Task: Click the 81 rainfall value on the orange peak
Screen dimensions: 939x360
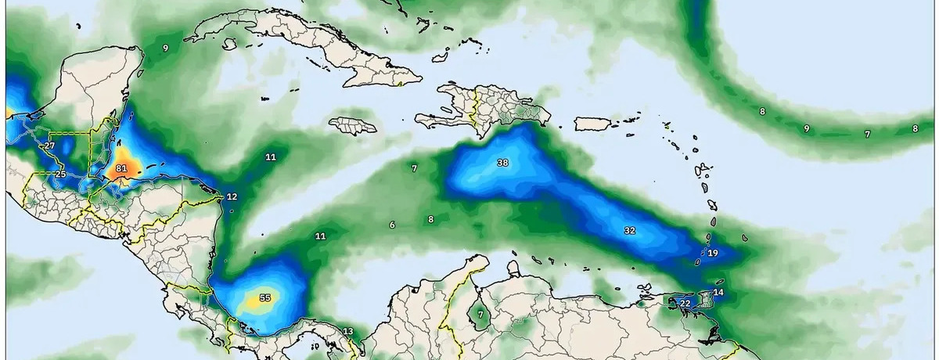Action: click(x=121, y=168)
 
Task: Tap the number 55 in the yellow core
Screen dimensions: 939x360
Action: click(x=264, y=298)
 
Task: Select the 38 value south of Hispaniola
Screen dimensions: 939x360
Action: click(x=502, y=163)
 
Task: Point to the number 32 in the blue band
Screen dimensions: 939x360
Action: click(x=630, y=230)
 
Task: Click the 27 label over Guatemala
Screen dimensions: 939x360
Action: click(x=49, y=146)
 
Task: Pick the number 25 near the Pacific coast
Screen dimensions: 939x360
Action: click(x=60, y=174)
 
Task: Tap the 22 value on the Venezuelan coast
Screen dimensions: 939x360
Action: click(x=685, y=303)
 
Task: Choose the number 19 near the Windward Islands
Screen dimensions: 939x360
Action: click(x=713, y=253)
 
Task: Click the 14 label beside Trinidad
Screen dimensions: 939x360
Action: click(x=718, y=293)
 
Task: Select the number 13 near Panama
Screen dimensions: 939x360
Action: click(x=348, y=331)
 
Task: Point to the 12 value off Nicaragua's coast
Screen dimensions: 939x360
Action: click(x=232, y=196)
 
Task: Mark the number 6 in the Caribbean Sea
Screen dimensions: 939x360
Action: click(x=391, y=225)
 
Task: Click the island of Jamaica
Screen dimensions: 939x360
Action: click(x=352, y=125)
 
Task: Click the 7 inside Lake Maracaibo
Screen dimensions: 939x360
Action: click(x=480, y=315)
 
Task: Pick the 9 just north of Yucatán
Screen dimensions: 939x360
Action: click(x=165, y=48)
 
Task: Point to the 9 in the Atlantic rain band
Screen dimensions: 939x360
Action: click(x=806, y=128)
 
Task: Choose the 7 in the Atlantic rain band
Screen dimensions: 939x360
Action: click(x=866, y=134)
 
